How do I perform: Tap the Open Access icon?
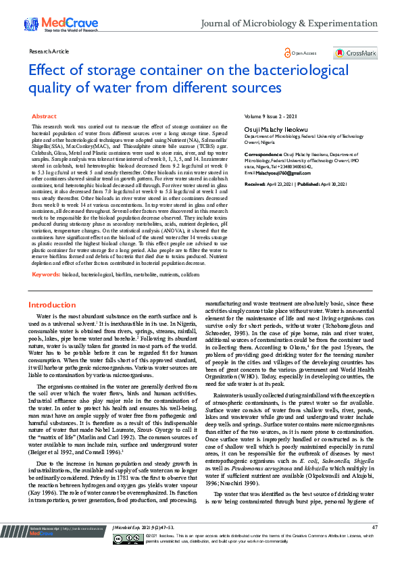point(288,53)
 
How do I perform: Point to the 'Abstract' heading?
point(45,117)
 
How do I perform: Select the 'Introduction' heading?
point(57,305)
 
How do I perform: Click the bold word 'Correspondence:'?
point(261,154)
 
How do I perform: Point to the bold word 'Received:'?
point(255,184)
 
